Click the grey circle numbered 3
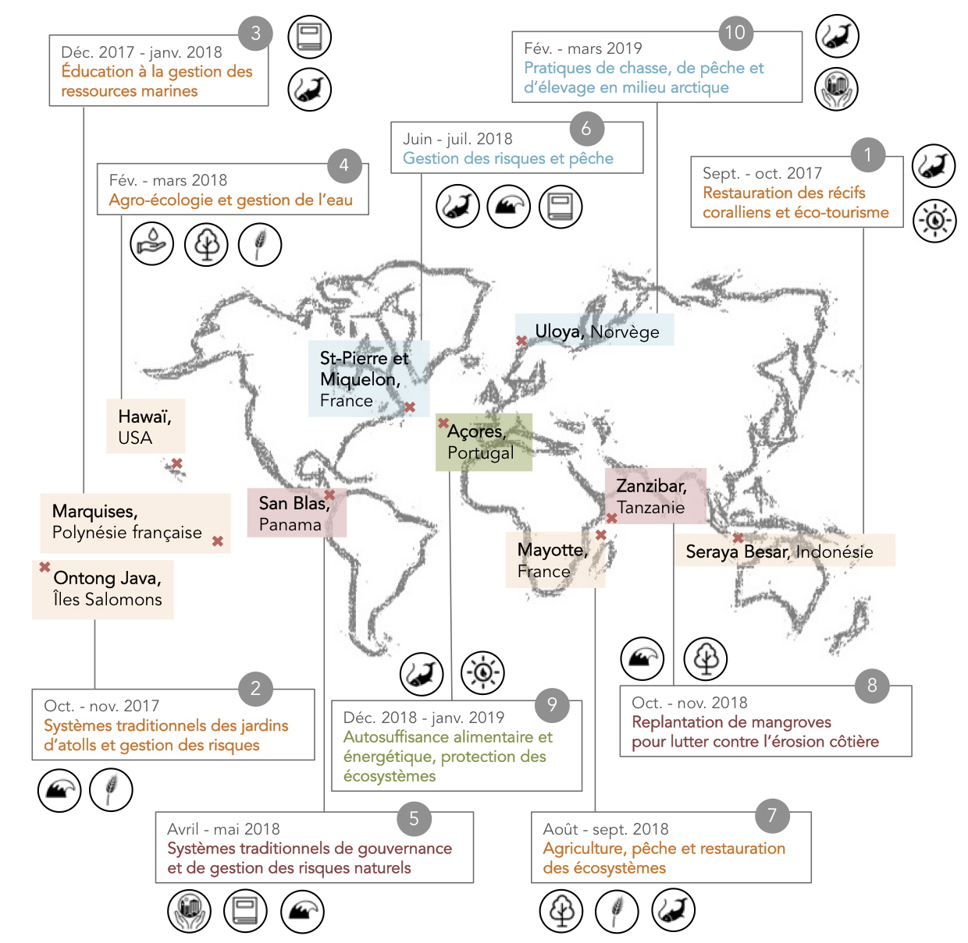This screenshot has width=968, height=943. pyautogui.click(x=255, y=34)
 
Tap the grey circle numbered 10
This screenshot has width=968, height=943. pyautogui.click(x=735, y=32)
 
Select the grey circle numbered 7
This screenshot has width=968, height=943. pyautogui.click(x=771, y=815)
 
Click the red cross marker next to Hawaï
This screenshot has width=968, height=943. pyautogui.click(x=176, y=463)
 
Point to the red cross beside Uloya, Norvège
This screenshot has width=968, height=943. pyautogui.click(x=521, y=341)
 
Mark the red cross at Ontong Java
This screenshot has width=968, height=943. pyautogui.click(x=44, y=566)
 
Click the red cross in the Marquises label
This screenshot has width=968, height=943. pyautogui.click(x=217, y=541)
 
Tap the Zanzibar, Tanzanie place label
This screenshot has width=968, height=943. pyautogui.click(x=652, y=496)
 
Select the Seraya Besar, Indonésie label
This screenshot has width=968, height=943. pyautogui.click(x=779, y=551)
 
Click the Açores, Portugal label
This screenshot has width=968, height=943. pyautogui.click(x=481, y=442)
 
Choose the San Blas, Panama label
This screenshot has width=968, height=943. pyautogui.click(x=294, y=513)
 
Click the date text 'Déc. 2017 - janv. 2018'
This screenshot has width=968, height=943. pyautogui.click(x=141, y=52)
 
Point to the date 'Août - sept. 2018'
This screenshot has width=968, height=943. pyautogui.click(x=605, y=828)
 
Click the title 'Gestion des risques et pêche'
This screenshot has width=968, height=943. pyautogui.click(x=508, y=158)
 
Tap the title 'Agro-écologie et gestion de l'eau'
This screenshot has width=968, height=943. pyautogui.click(x=231, y=200)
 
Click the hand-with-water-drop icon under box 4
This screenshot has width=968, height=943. pyautogui.click(x=151, y=243)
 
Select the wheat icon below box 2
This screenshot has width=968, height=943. pyautogui.click(x=111, y=790)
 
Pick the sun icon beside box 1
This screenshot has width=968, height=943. pyautogui.click(x=934, y=221)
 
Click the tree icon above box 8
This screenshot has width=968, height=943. pyautogui.click(x=706, y=658)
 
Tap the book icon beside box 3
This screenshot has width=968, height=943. pyautogui.click(x=309, y=37)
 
